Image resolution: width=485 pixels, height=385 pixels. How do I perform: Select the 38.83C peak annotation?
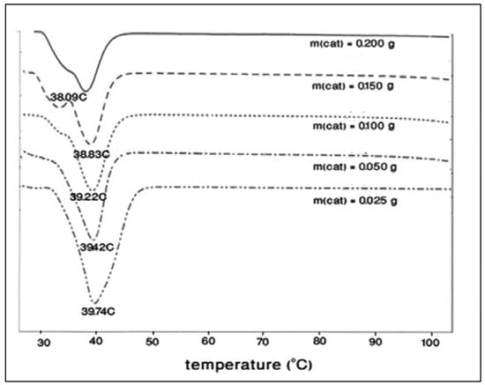point(91,154)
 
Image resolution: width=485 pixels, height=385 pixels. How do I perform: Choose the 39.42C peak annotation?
point(98,248)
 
